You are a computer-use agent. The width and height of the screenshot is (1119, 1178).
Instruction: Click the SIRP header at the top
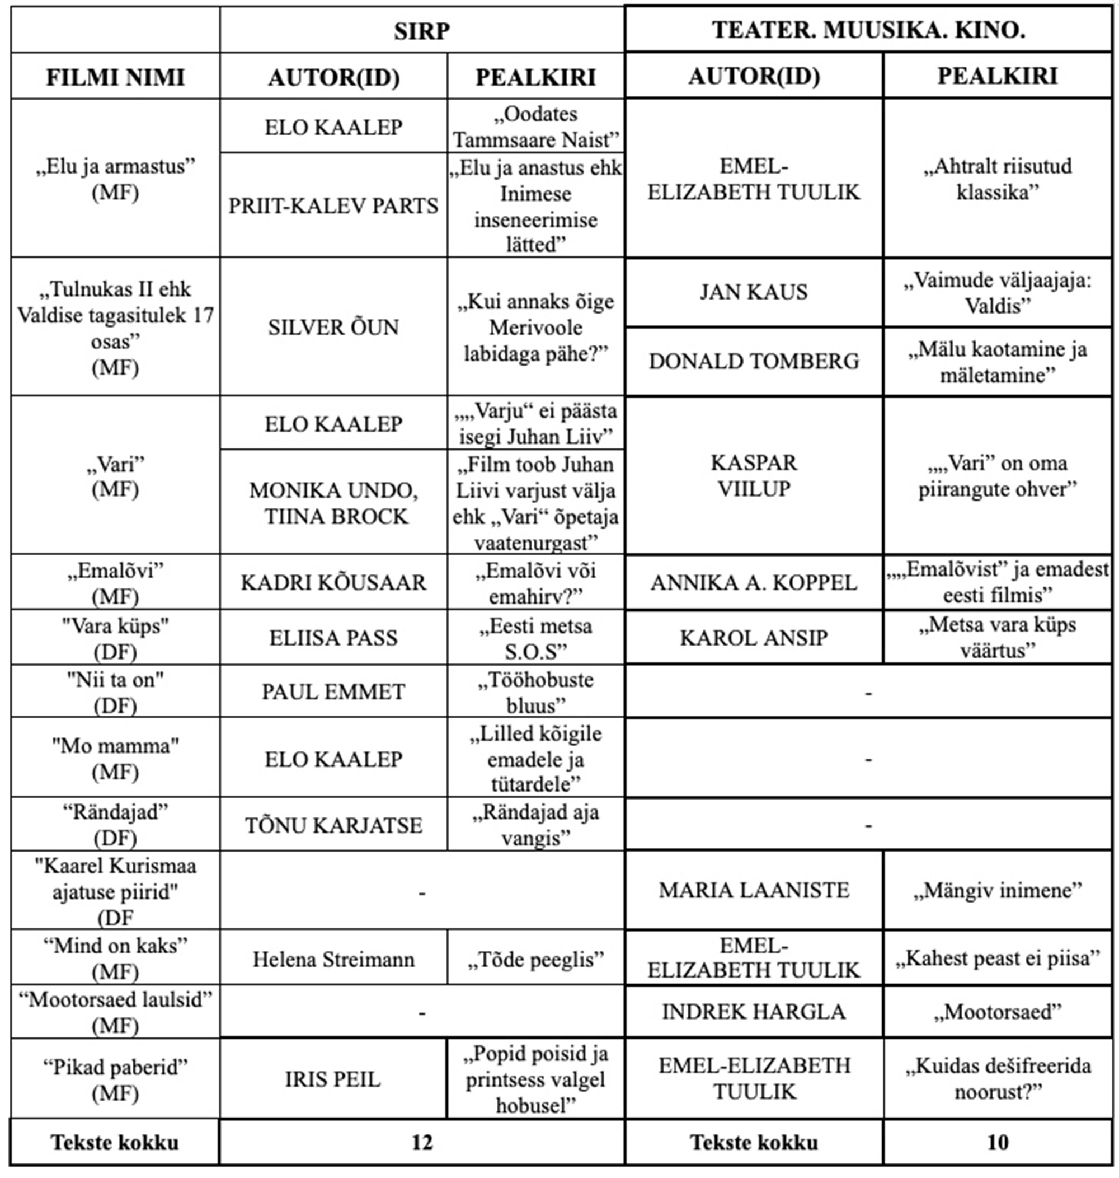(x=421, y=31)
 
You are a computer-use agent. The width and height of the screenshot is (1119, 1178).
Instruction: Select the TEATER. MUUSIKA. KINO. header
(x=868, y=30)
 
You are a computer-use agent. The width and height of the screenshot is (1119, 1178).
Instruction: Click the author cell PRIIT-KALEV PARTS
(x=333, y=206)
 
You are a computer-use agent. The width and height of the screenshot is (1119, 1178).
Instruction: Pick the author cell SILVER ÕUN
(x=333, y=327)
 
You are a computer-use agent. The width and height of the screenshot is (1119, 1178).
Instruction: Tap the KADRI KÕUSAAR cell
(x=333, y=582)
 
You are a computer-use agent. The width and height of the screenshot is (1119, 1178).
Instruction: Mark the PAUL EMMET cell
(x=333, y=691)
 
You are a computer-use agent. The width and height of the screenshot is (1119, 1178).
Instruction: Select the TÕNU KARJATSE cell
(x=333, y=825)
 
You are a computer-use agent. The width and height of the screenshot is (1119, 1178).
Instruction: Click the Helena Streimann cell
(x=333, y=959)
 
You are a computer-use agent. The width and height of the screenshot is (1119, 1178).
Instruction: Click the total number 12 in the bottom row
(x=421, y=1142)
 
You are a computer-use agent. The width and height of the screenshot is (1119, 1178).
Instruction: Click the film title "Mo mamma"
(x=115, y=746)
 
